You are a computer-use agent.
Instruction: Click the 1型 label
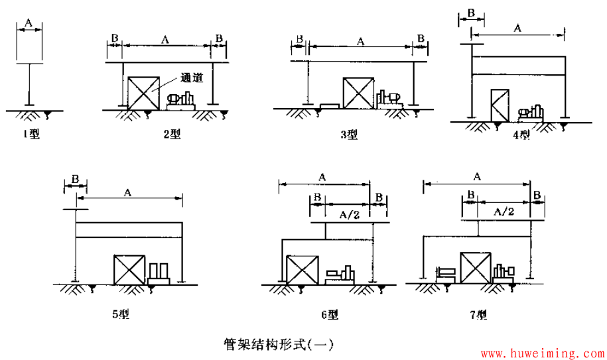click(x=31, y=135)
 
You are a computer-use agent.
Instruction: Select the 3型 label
click(x=350, y=135)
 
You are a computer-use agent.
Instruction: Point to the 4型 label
click(x=522, y=136)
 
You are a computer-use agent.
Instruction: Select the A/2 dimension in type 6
click(x=349, y=214)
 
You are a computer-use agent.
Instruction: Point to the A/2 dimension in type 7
click(x=504, y=211)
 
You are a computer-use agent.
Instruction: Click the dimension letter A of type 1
click(x=29, y=23)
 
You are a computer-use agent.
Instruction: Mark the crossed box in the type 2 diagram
click(x=143, y=93)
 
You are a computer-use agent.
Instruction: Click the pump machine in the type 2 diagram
click(x=181, y=101)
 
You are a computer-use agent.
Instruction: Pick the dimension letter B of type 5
click(x=75, y=179)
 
